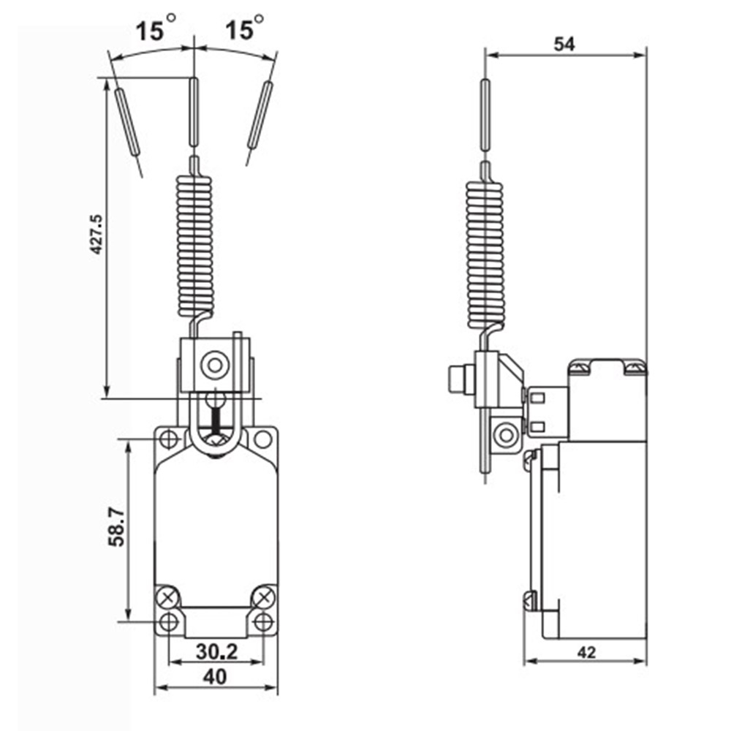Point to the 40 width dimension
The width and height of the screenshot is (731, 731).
point(215,678)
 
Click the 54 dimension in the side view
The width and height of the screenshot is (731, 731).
point(564,44)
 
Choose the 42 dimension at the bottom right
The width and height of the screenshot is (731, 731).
point(585,653)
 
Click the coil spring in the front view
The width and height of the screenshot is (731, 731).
point(195,244)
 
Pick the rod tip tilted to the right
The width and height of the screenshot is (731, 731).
point(260,115)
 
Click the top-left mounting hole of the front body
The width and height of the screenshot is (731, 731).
point(170,439)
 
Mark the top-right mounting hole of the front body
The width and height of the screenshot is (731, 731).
point(262,439)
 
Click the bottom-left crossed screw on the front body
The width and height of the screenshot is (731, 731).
point(169,597)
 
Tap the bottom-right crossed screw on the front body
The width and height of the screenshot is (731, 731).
point(263,597)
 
